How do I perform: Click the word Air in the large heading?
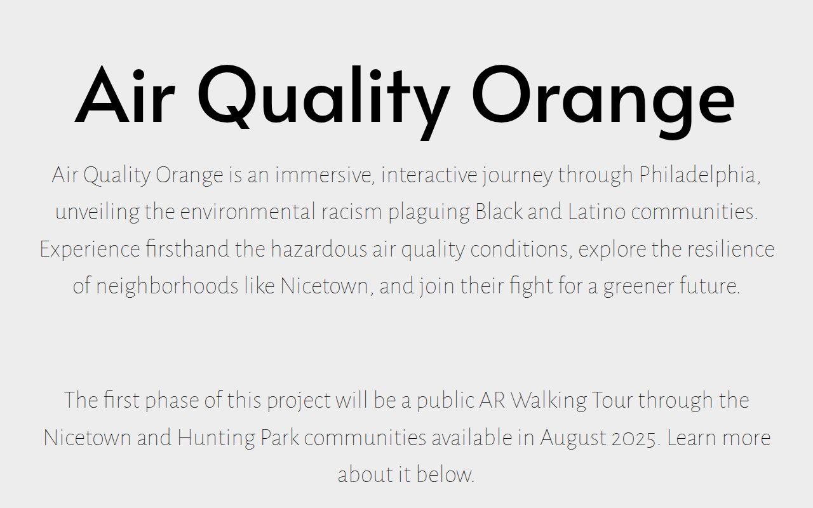(x=125, y=95)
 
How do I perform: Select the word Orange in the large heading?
(x=603, y=102)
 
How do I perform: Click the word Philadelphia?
(x=699, y=175)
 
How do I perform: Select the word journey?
(x=517, y=176)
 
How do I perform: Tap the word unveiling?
(x=97, y=213)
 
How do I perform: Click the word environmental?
(x=248, y=212)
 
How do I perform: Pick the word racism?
(x=352, y=212)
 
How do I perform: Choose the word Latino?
(x=597, y=211)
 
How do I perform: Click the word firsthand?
(x=187, y=248)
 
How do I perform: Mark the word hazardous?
(x=319, y=248)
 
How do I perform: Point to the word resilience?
(x=731, y=248)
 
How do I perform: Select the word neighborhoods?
(x=167, y=286)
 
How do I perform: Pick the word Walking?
(x=548, y=401)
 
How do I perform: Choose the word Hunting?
(x=217, y=438)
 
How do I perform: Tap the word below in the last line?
(x=445, y=474)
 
